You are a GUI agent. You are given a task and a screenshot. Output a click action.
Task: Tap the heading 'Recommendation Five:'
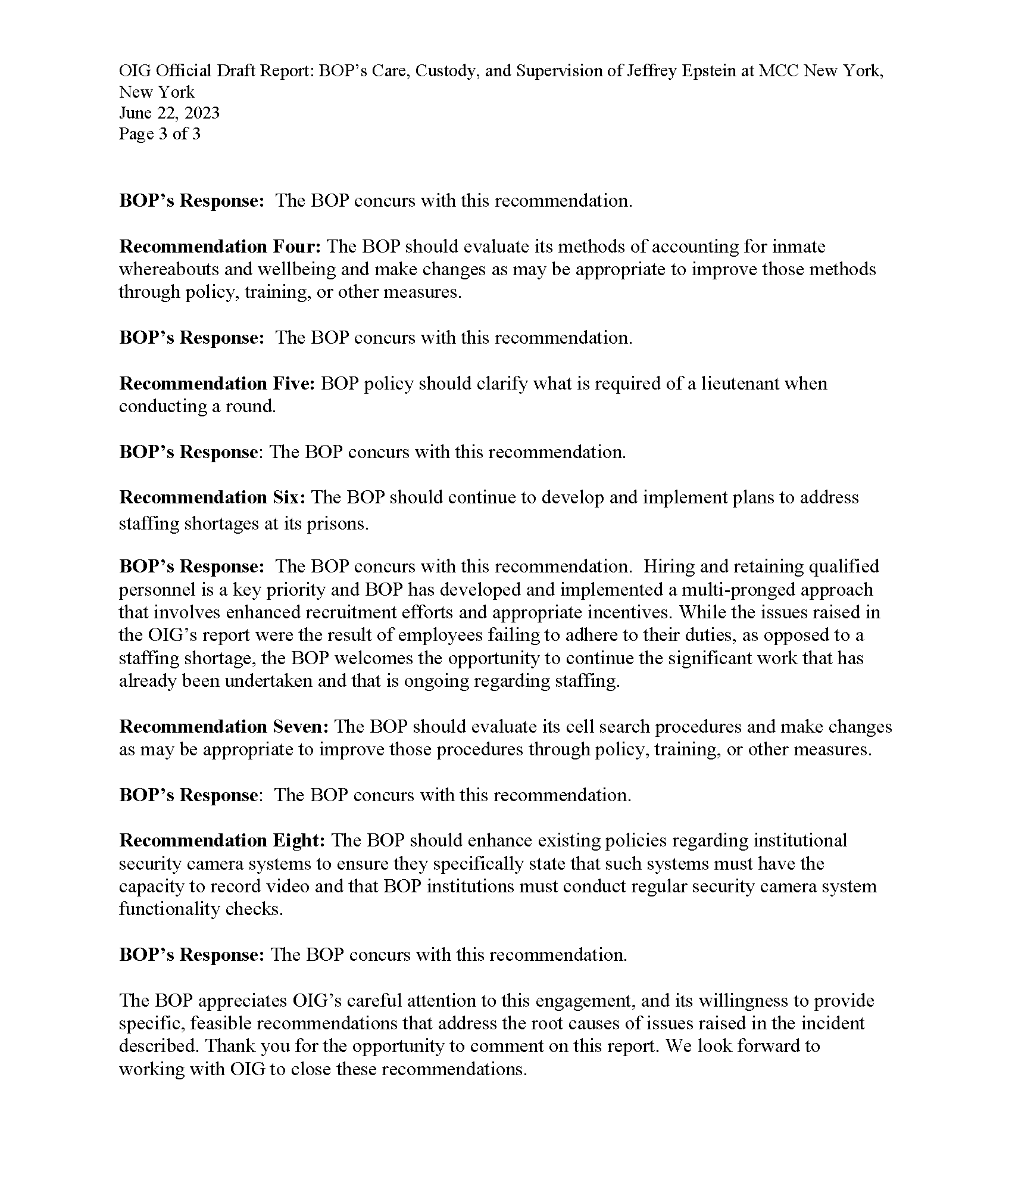click(217, 383)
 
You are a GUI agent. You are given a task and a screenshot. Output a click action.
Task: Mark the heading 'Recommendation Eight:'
click(222, 840)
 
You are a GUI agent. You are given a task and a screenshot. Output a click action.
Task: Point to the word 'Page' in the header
click(136, 133)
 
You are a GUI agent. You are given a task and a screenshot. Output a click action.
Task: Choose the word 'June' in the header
click(136, 113)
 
